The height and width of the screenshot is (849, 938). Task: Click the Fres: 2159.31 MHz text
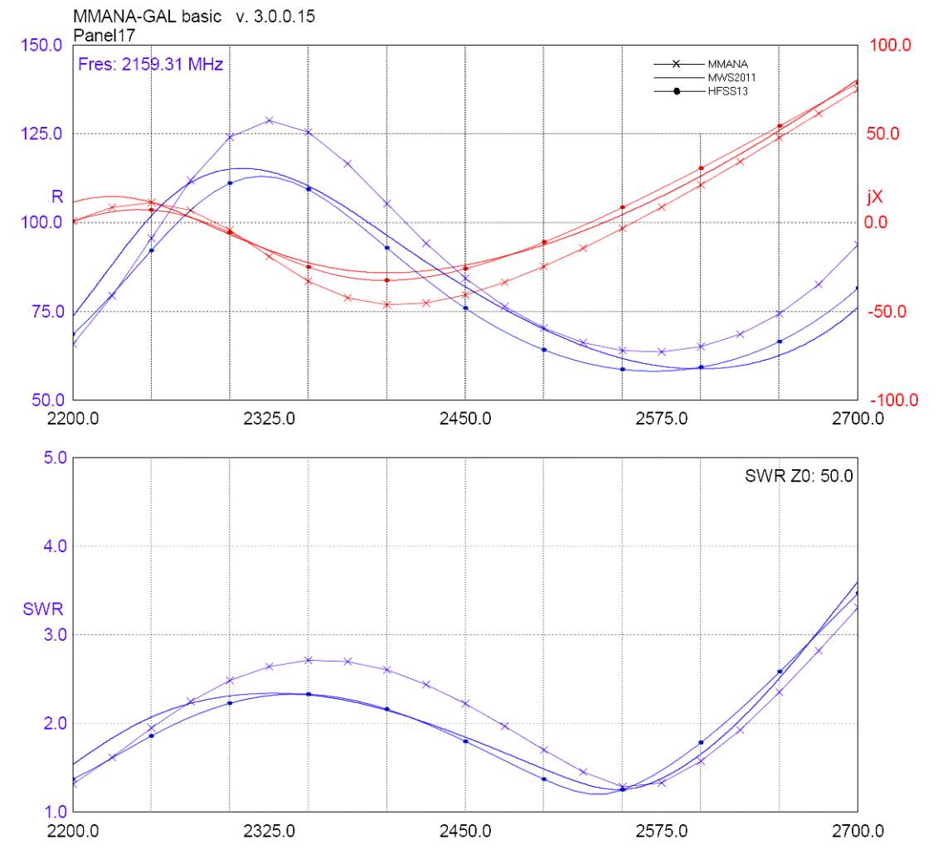tap(150, 63)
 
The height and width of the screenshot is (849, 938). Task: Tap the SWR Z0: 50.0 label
tap(799, 476)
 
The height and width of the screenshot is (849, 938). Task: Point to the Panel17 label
tap(104, 35)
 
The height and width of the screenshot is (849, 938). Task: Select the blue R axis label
tap(57, 196)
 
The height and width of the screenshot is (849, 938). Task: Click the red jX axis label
tap(875, 196)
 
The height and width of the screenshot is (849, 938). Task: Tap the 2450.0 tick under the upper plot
tap(465, 418)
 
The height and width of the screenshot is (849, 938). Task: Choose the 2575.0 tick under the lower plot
tap(661, 830)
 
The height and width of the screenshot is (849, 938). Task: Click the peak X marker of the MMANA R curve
tap(269, 120)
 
